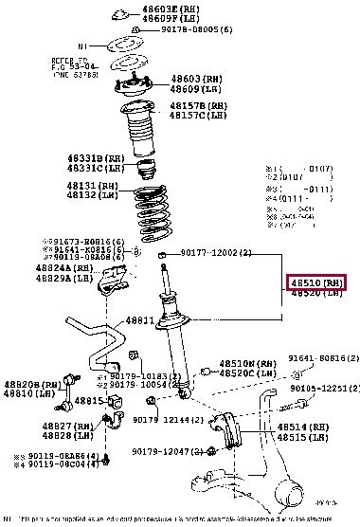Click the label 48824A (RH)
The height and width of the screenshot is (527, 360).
(x=67, y=267)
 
